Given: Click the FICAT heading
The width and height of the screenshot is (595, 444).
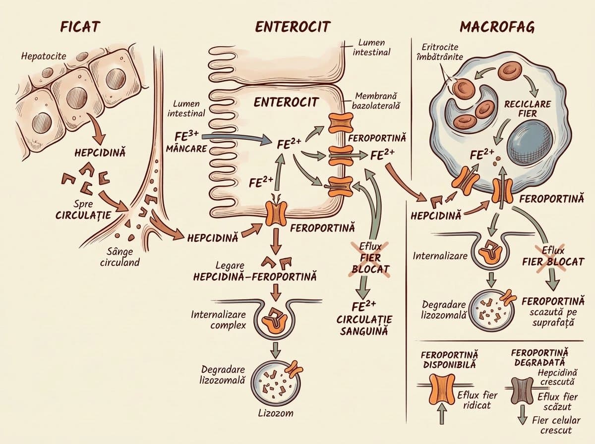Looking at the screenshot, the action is [80, 27].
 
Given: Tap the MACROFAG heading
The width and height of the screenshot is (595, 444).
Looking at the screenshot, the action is [497, 27].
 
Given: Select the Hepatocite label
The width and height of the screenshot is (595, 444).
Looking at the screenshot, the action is [44, 56].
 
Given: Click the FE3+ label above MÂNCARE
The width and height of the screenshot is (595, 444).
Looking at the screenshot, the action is [187, 136].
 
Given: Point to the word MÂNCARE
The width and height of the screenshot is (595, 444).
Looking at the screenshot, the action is [186, 149].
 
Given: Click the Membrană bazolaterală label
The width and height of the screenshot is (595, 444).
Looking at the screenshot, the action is [376, 101].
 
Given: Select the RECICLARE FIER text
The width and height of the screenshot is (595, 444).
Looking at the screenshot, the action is [527, 109].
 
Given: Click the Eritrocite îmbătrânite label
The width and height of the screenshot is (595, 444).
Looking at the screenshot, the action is [440, 52].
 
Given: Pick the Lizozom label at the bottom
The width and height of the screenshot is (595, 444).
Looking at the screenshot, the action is [275, 413].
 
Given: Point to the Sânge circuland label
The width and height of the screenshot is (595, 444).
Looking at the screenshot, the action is [119, 257].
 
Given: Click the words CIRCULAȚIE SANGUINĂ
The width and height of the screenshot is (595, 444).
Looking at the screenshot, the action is [364, 325].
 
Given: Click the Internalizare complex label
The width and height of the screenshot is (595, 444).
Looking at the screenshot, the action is [219, 320].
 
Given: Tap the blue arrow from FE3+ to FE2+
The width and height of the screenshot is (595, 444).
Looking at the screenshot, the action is [236, 139].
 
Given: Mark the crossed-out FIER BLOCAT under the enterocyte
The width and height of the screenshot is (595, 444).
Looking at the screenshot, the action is [370, 263].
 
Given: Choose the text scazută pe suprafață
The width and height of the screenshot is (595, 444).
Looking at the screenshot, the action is [553, 317].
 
